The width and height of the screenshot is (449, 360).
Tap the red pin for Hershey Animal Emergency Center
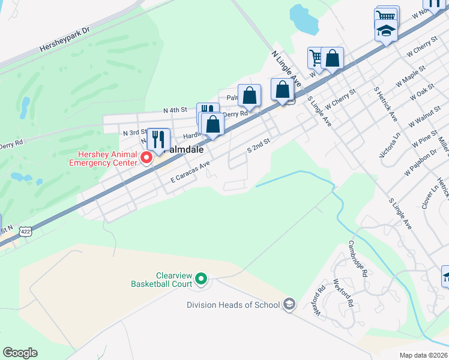146,158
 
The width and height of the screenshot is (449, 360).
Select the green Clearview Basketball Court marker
202,280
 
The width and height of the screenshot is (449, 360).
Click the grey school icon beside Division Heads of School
289,304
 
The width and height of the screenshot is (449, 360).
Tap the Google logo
20,353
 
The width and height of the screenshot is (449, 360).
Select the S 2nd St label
259,145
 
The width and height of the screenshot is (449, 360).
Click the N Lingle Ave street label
286,67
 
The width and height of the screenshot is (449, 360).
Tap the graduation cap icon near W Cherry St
386,29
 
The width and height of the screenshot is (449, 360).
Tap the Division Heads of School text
234,305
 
